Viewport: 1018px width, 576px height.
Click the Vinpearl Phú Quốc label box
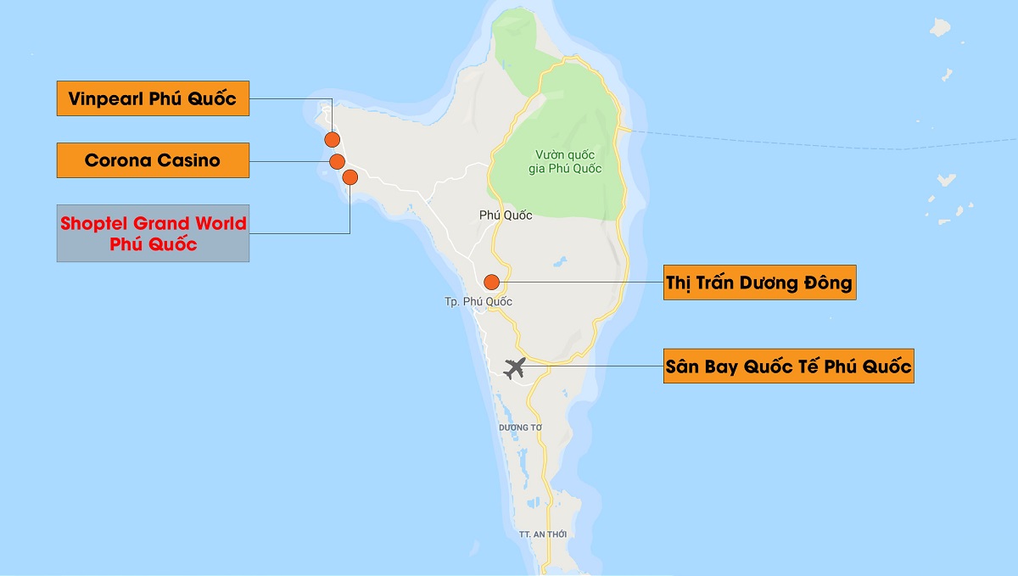click(153, 98)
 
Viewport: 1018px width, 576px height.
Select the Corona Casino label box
click(153, 160)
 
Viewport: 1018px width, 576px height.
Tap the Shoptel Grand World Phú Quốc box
click(153, 233)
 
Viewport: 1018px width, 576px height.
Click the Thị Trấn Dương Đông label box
click(759, 282)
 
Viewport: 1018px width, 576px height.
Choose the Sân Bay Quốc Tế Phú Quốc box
click(788, 366)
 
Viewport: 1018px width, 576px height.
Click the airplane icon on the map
click(514, 368)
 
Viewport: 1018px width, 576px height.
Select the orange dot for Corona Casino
click(337, 161)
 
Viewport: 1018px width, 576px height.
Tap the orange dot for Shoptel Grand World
click(350, 177)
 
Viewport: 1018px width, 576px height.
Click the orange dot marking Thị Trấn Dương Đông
click(490, 282)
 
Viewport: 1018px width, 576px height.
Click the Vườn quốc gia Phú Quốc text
click(568, 161)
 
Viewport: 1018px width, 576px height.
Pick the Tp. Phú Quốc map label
click(478, 302)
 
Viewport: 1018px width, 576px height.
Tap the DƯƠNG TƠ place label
click(520, 427)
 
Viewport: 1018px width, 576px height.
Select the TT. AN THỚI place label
click(542, 534)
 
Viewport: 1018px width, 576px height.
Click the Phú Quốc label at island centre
click(506, 215)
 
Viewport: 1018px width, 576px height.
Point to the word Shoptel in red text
click(94, 224)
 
